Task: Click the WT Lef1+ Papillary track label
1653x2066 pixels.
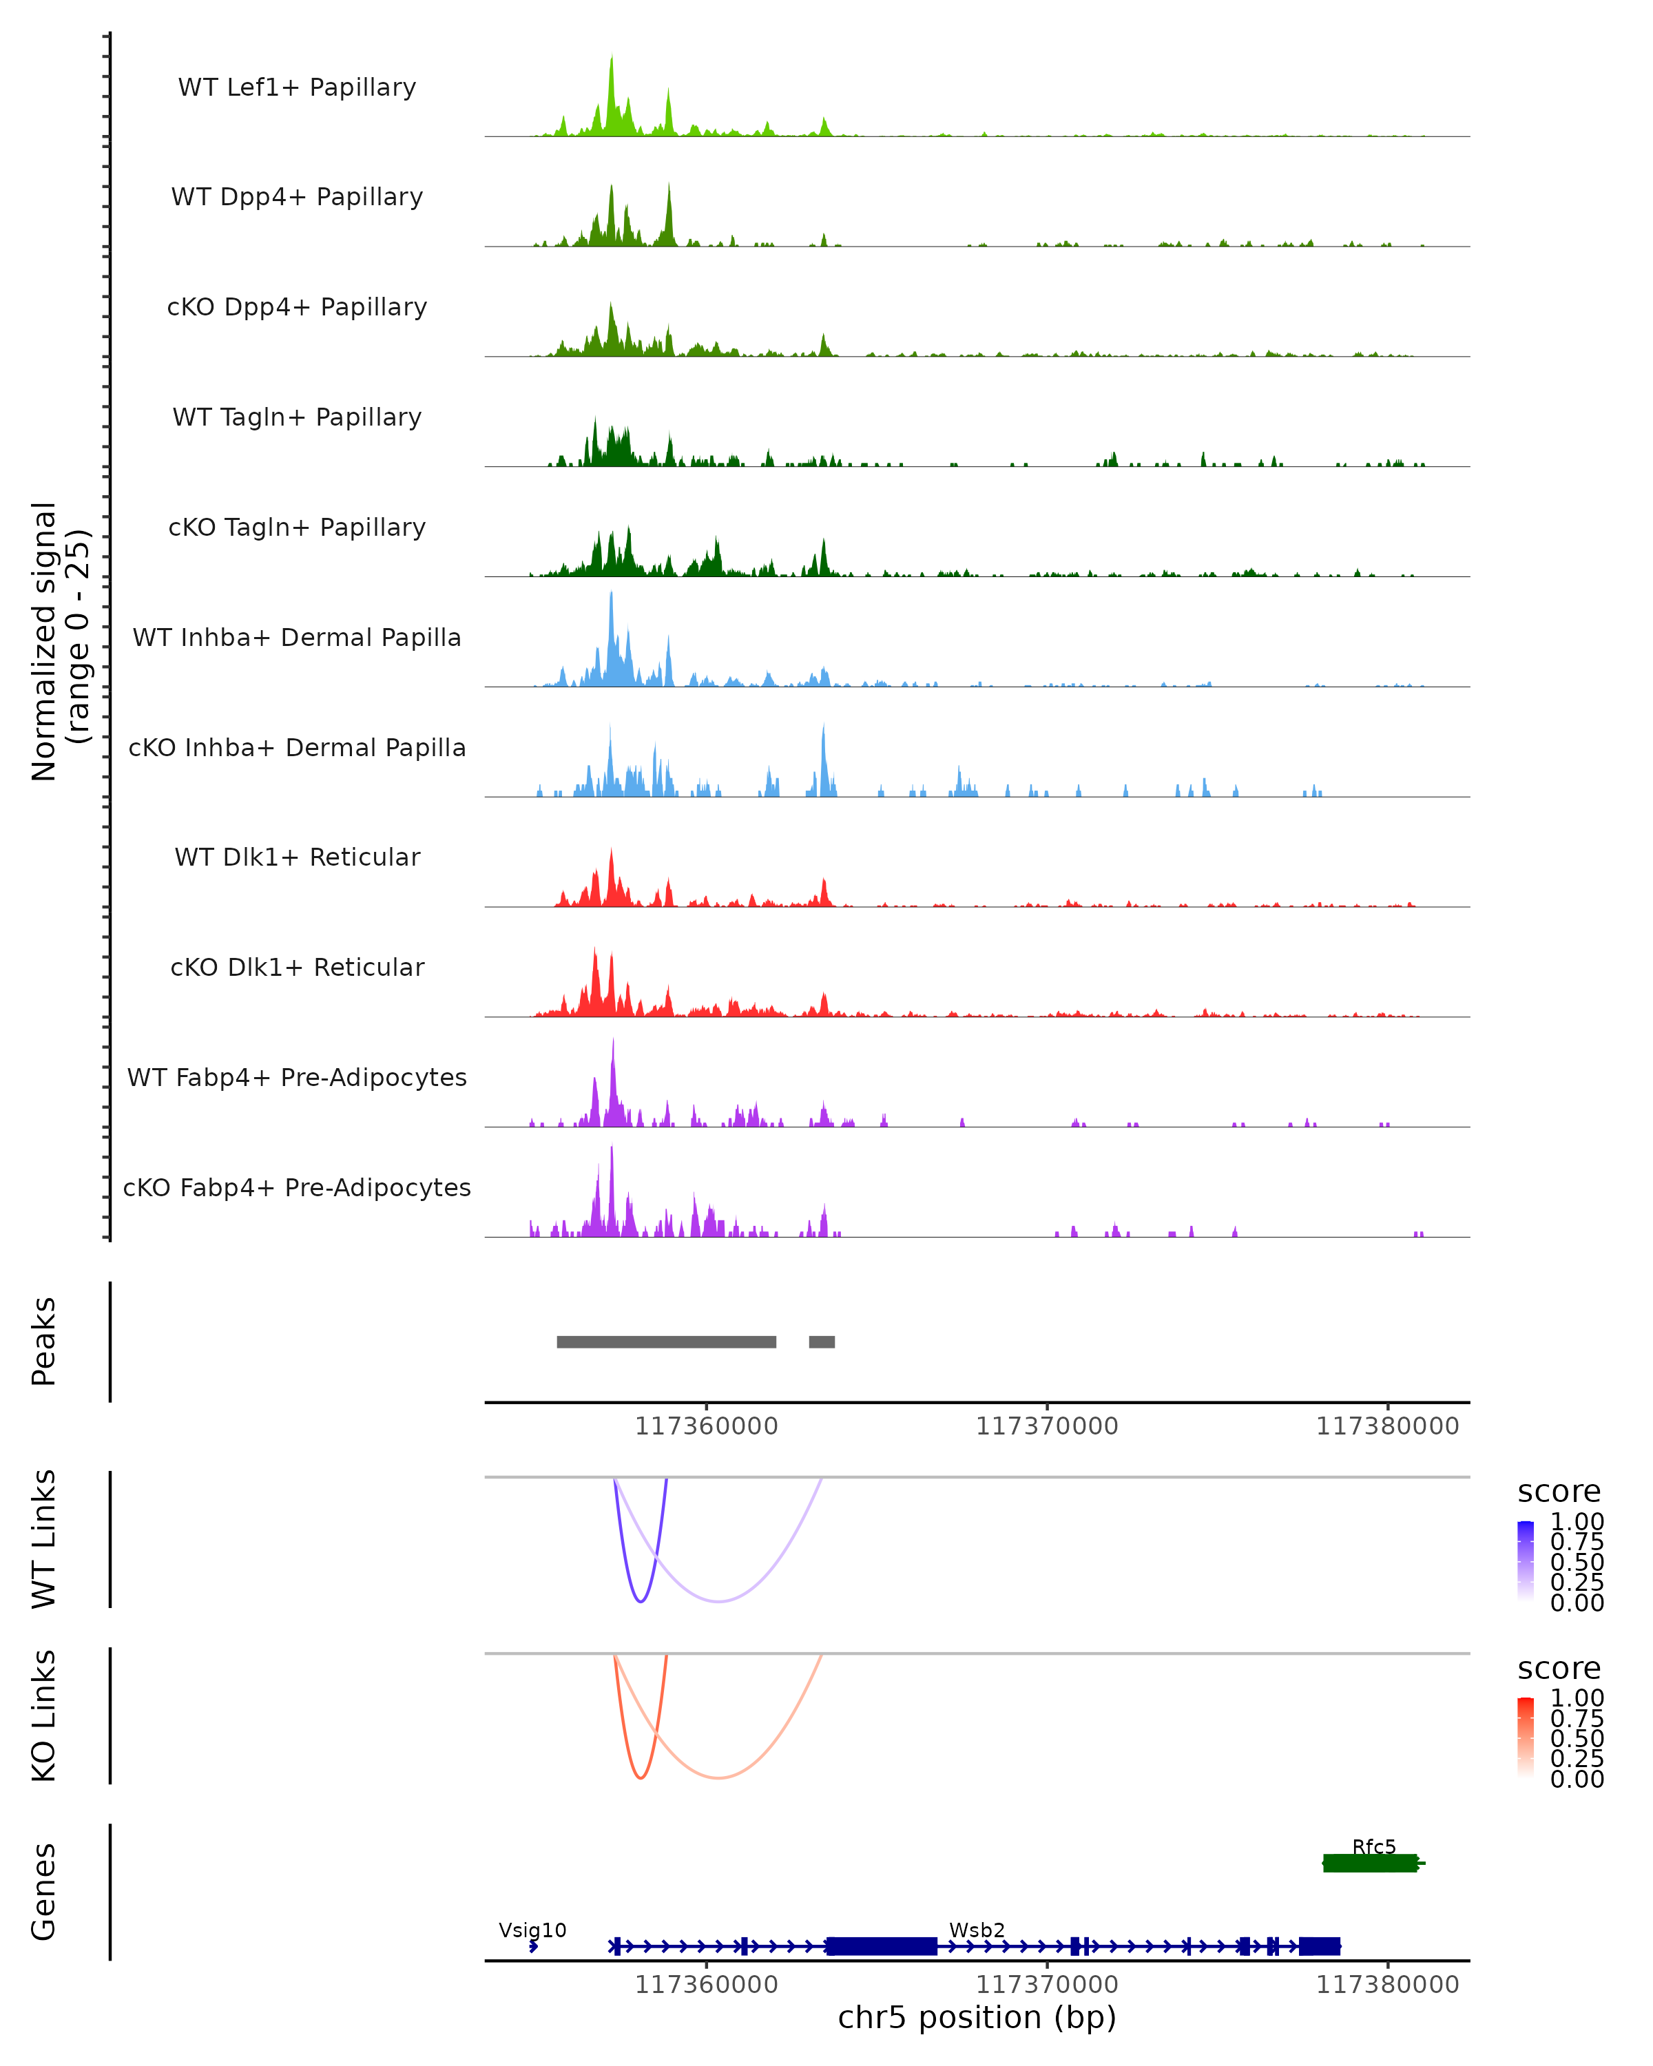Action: click(x=297, y=87)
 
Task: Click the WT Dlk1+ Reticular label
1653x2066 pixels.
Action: click(x=297, y=857)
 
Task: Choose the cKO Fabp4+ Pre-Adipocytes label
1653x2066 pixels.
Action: click(x=297, y=1187)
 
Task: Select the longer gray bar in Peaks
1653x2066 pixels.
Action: click(x=666, y=1342)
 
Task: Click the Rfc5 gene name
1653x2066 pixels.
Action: click(x=1373, y=1846)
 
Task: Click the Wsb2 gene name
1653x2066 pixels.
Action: click(x=977, y=1930)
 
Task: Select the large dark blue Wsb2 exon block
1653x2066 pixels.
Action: click(x=881, y=1946)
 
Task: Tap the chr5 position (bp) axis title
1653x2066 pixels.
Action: click(x=977, y=2017)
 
